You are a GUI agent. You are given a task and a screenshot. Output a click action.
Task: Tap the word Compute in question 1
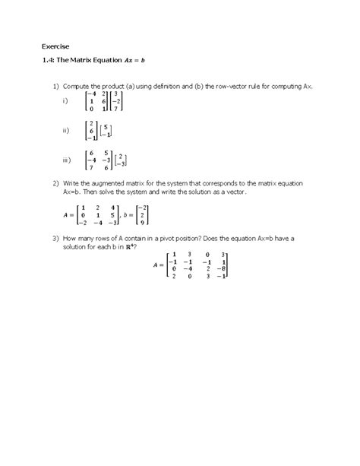click(x=79, y=88)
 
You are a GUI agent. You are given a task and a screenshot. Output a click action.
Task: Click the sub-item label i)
click(x=66, y=101)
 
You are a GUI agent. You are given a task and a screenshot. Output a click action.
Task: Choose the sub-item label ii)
click(x=66, y=131)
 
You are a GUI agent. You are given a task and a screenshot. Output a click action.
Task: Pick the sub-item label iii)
click(x=67, y=160)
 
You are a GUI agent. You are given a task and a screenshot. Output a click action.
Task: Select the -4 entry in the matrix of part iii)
click(x=93, y=160)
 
